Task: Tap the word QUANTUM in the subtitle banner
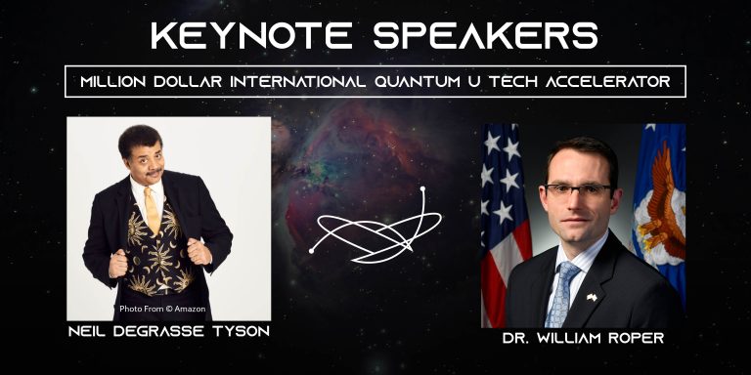pos(419,82)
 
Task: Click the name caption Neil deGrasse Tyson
pos(168,332)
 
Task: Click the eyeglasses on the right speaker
pos(580,189)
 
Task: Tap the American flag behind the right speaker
pos(503,215)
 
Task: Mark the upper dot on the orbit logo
pos(423,188)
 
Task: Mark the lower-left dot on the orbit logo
pos(311,251)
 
